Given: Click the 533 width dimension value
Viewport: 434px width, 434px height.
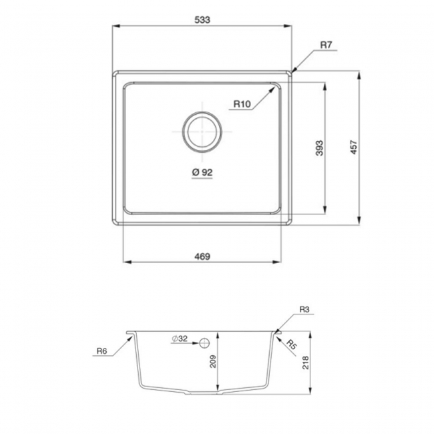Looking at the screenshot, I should tap(202, 19).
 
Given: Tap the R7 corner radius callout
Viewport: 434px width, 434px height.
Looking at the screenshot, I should tap(327, 45).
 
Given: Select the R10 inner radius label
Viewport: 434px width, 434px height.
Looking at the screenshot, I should tap(242, 104).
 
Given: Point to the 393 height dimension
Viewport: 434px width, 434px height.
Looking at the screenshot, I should tap(319, 148).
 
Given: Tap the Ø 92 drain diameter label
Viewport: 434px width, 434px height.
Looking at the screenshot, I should tap(202, 172).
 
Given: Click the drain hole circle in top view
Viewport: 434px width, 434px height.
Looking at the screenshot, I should tap(202, 130).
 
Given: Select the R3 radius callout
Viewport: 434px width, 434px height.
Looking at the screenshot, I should tap(304, 310).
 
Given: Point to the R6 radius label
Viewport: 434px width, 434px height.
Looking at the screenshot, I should tap(102, 351).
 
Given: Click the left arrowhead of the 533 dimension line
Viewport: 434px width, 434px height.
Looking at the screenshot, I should tap(114, 27).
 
